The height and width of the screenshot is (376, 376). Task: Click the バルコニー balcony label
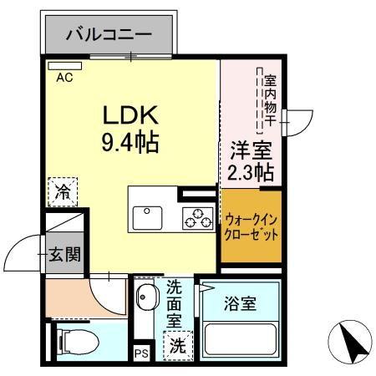[109, 35]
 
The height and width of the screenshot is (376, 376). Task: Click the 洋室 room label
[251, 151]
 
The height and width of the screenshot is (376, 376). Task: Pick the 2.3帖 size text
[251, 174]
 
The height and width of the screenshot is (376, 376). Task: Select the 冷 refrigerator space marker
[63, 191]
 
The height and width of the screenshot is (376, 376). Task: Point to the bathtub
[240, 341]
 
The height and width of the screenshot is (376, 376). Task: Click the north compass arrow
[353, 340]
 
